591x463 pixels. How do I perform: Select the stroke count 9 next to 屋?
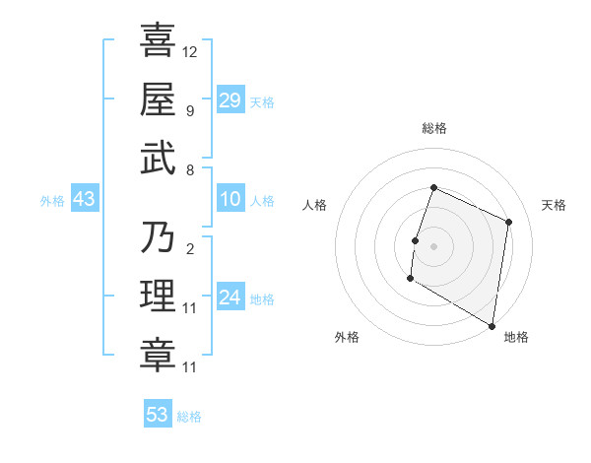190,110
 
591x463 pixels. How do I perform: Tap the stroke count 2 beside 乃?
189,249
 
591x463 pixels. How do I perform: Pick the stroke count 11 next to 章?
190,367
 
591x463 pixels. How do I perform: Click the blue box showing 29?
230,99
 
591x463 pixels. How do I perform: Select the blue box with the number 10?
230,199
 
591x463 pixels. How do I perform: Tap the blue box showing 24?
230,298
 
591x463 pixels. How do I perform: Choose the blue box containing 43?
85,199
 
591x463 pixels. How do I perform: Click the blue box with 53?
158,415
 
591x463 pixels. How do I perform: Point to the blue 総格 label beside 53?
189,417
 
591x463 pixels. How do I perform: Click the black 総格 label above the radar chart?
434,129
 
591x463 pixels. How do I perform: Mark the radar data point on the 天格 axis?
509,222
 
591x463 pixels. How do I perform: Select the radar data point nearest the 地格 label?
492,325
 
